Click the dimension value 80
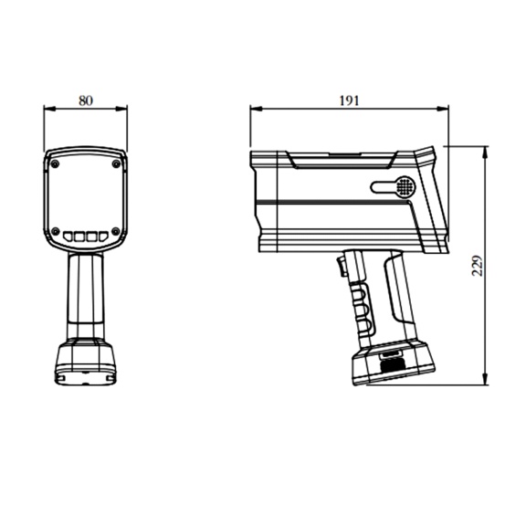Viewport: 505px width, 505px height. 86,100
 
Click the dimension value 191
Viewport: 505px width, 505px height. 349,100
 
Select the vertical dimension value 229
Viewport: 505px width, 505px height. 477,266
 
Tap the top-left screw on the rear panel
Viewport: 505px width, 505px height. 56,164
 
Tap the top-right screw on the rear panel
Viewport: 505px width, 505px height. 116,164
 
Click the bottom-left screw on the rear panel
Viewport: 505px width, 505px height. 56,231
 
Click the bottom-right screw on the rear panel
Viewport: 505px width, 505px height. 116,231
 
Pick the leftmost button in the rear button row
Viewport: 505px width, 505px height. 68,237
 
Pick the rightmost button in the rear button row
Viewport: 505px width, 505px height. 103,237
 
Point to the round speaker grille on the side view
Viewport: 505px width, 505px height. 405,186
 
